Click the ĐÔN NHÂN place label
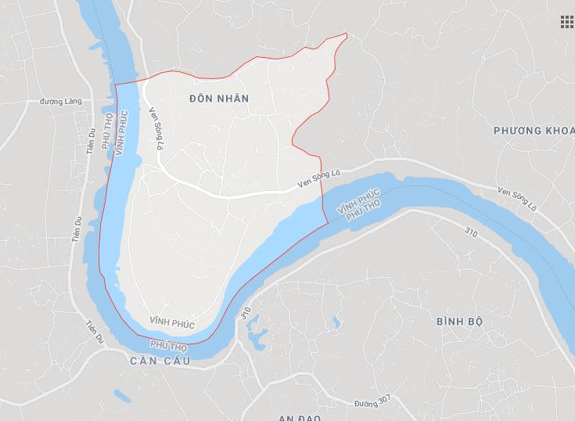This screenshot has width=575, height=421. (219, 99)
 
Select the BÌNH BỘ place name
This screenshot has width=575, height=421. (461, 322)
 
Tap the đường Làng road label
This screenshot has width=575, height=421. (63, 102)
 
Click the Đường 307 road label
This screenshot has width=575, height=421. (371, 403)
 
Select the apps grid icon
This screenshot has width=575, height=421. (566, 21)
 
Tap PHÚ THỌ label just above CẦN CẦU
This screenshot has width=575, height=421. (168, 344)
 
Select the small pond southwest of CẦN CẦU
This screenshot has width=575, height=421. (118, 395)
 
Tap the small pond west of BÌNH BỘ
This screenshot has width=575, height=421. (336, 322)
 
